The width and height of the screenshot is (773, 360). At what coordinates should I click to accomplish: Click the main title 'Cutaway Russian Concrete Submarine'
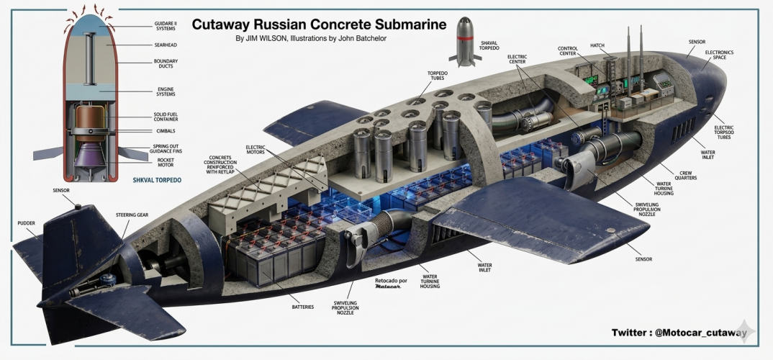pyautogui.click(x=319, y=25)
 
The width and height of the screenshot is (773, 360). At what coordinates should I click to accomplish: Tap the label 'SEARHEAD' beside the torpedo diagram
pyautogui.click(x=166, y=45)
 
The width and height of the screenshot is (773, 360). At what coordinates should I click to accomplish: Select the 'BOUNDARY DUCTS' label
pyautogui.click(x=166, y=64)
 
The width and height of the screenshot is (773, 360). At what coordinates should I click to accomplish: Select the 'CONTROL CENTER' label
pyautogui.click(x=568, y=53)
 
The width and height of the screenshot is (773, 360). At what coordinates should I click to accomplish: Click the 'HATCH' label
pyautogui.click(x=597, y=45)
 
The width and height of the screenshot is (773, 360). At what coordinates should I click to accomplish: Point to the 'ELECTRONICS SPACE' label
pyautogui.click(x=719, y=55)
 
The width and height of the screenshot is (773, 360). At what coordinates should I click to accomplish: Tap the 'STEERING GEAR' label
pyautogui.click(x=132, y=215)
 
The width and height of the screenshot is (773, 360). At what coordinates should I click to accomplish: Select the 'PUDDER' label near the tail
pyautogui.click(x=27, y=223)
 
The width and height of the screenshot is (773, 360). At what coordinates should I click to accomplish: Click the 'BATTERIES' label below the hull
pyautogui.click(x=302, y=307)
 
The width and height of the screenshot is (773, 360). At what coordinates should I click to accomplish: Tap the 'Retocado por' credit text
pyautogui.click(x=391, y=279)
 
